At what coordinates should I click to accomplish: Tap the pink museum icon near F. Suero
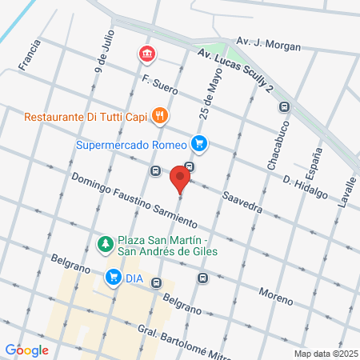147,54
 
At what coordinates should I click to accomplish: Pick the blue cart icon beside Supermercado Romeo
199,145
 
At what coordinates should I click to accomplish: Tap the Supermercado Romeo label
131,145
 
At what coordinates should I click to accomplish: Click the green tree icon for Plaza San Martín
103,243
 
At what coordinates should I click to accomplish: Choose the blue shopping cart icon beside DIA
113,278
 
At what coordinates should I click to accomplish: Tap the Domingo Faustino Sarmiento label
132,198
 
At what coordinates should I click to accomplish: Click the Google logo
26,350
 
